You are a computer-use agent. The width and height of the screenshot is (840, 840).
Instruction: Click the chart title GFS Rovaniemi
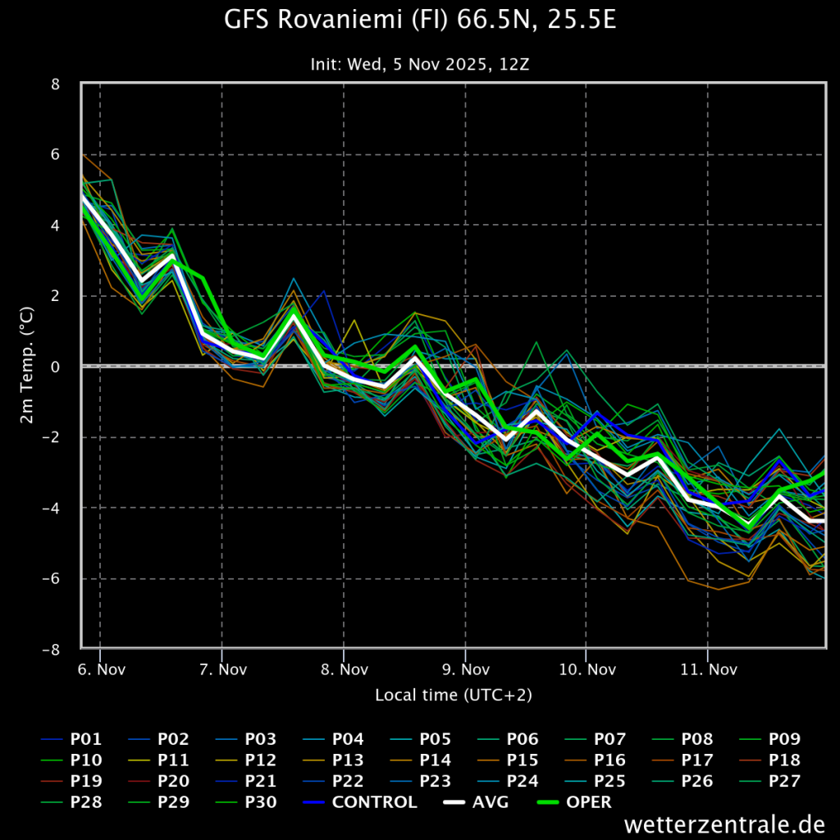pyautogui.click(x=420, y=20)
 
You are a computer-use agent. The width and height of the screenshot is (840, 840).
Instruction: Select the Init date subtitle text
pyautogui.click(x=420, y=64)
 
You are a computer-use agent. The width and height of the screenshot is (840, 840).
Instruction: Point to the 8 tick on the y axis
pyautogui.click(x=55, y=84)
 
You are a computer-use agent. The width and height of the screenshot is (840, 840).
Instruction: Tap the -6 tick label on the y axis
pyautogui.click(x=51, y=579)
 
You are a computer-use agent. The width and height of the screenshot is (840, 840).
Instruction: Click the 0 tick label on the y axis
pyautogui.click(x=55, y=367)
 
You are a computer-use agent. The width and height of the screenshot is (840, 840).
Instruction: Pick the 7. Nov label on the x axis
pyautogui.click(x=223, y=669)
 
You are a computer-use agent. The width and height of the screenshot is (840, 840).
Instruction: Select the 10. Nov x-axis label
pyautogui.click(x=587, y=669)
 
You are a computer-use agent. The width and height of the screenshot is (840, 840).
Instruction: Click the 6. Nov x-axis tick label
pyautogui.click(x=101, y=669)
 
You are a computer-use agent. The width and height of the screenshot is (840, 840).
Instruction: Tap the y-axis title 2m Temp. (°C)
pyautogui.click(x=26, y=365)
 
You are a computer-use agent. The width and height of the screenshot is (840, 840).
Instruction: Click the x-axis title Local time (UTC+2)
pyautogui.click(x=453, y=695)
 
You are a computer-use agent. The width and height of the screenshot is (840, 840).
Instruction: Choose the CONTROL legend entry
pyautogui.click(x=360, y=802)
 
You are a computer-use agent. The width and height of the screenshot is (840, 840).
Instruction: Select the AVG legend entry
pyautogui.click(x=477, y=802)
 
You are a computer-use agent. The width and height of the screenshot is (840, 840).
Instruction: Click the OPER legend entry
pyautogui.click(x=574, y=802)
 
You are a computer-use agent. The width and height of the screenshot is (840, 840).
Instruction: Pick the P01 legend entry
pyautogui.click(x=71, y=739)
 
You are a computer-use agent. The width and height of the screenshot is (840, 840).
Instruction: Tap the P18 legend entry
pyautogui.click(x=769, y=760)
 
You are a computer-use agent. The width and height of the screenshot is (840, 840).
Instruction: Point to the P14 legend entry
pyautogui.click(x=421, y=760)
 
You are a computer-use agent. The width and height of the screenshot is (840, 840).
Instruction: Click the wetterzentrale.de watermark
pyautogui.click(x=724, y=824)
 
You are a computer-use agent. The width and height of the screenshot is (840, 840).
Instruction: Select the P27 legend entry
pyautogui.click(x=769, y=781)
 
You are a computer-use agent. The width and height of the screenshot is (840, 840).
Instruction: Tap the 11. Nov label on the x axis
pyautogui.click(x=709, y=669)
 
